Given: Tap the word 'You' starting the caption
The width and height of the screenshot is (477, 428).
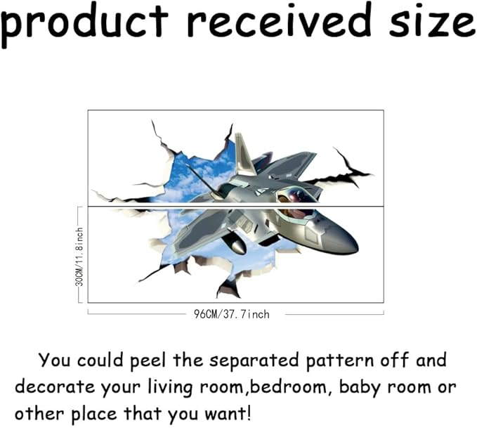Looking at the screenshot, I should (x=53, y=361).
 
